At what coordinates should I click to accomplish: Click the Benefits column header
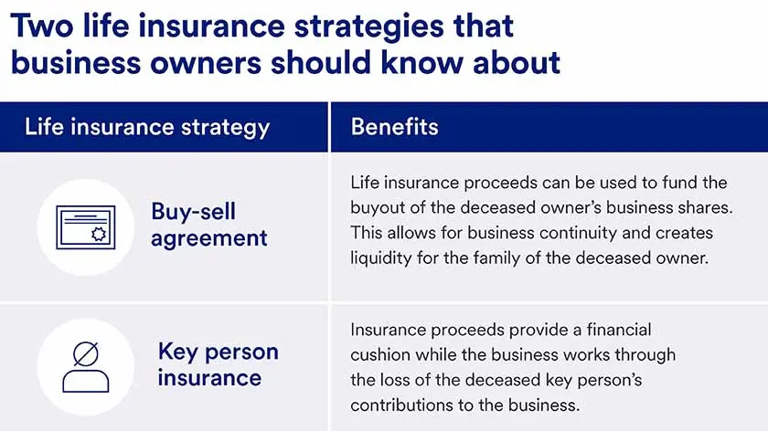click(394, 126)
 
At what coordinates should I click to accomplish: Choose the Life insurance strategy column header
click(147, 126)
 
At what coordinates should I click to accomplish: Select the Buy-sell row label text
click(193, 212)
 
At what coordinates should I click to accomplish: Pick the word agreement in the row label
click(208, 239)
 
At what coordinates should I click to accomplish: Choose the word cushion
click(381, 354)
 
